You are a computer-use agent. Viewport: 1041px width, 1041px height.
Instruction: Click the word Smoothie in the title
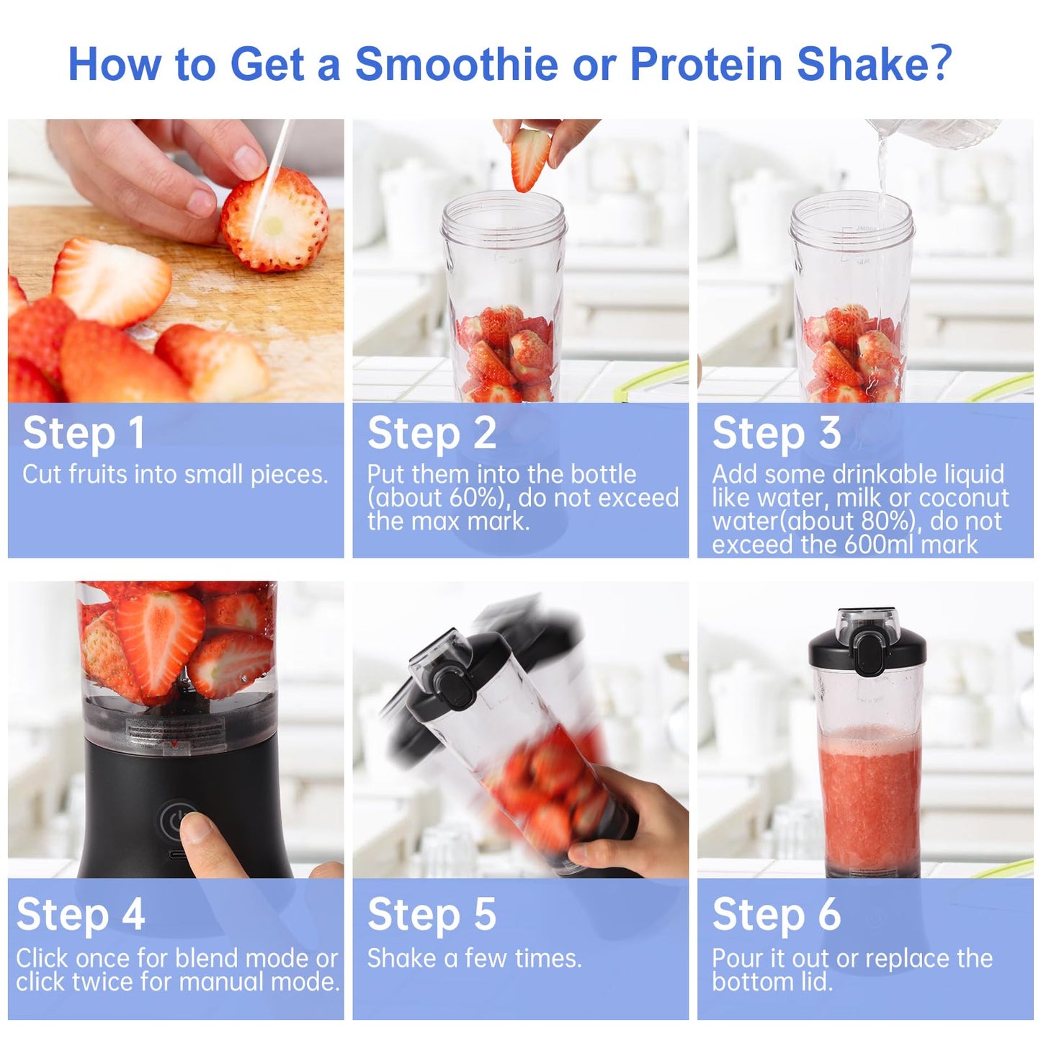pos(456,64)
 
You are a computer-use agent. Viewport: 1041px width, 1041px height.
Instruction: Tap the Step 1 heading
pos(84,434)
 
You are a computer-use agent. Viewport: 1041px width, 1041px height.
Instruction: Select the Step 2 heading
pos(432,434)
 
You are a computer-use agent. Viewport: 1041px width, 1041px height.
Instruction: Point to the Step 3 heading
pos(777,434)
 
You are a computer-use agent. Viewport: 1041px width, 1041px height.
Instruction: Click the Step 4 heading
pos(81,915)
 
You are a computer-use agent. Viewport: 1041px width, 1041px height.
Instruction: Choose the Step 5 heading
pos(432,915)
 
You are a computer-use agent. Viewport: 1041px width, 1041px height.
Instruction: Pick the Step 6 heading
pos(777,915)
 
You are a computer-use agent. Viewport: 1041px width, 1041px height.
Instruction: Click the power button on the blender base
pos(175,821)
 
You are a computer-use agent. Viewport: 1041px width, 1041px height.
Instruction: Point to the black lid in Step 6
pos(867,648)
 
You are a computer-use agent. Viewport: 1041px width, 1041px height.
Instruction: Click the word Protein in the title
pos(707,64)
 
